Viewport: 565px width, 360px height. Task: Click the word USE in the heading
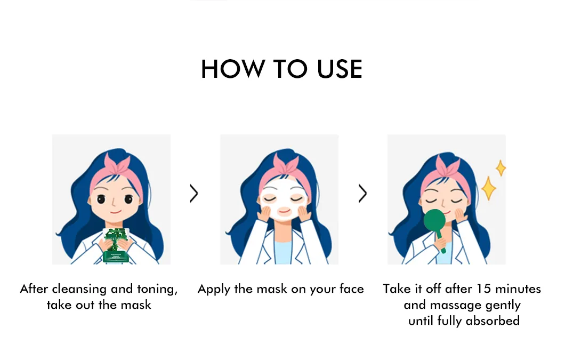coord(340,69)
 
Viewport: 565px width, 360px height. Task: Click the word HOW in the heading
coord(232,69)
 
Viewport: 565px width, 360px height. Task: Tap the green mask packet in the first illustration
coord(116,245)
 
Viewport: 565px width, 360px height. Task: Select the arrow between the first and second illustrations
coord(194,194)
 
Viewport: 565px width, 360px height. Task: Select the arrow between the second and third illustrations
coord(362,194)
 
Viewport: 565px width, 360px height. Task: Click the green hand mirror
coord(435,227)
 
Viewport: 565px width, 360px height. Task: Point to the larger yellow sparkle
coord(489,188)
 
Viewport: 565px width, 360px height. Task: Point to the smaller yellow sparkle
coord(501,168)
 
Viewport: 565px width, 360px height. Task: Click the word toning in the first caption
coord(157,289)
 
